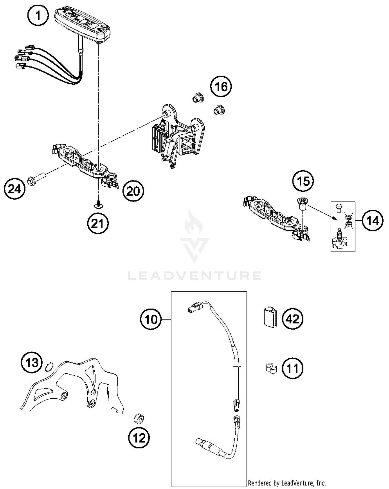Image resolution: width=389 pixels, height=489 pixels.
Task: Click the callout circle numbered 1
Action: pos(38,16)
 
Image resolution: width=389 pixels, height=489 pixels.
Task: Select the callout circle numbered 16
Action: pos(221,87)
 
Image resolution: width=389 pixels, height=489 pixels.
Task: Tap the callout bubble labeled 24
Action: pos(15,189)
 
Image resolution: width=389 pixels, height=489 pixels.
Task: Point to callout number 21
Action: pos(98,223)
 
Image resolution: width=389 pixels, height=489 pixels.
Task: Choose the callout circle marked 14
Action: pos(373,221)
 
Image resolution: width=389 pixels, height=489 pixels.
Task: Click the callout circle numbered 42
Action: pos(292,319)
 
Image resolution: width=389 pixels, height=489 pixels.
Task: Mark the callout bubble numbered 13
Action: pos(32,362)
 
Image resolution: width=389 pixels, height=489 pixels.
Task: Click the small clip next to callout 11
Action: pos(271,368)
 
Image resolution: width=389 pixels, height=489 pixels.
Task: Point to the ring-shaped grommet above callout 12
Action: pos(139,419)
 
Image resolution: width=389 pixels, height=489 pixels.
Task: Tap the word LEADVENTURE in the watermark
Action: pos(195,276)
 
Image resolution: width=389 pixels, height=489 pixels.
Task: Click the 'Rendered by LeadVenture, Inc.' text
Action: pos(287,483)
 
